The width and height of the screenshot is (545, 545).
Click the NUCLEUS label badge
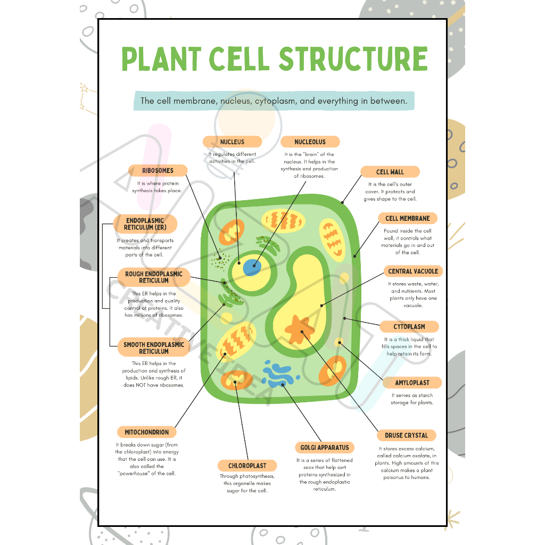coord(232,142)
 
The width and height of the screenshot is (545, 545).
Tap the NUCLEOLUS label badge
coord(310,142)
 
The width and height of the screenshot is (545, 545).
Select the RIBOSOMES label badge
coord(158,171)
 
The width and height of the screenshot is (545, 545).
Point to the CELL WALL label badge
coord(390,172)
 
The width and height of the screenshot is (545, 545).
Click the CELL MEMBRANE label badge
coord(408,218)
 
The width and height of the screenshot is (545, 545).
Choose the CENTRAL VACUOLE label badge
coord(413,271)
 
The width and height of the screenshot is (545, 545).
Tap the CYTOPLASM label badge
coord(409,327)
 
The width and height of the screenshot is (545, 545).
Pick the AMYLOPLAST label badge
coord(412,383)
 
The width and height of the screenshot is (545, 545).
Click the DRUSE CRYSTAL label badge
coord(406,435)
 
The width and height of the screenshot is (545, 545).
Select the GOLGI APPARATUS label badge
coord(325,448)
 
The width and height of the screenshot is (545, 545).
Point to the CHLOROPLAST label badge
coord(247,466)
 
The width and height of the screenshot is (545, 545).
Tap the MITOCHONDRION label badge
coord(147,432)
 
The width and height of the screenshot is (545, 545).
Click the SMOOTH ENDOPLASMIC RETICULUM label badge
coord(154,348)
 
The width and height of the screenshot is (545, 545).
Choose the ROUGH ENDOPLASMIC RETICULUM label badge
coord(153,277)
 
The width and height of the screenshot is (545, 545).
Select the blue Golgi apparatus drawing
coord(278,374)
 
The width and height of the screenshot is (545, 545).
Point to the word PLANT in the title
coord(161,59)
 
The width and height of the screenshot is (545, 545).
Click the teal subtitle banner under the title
coord(273,101)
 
